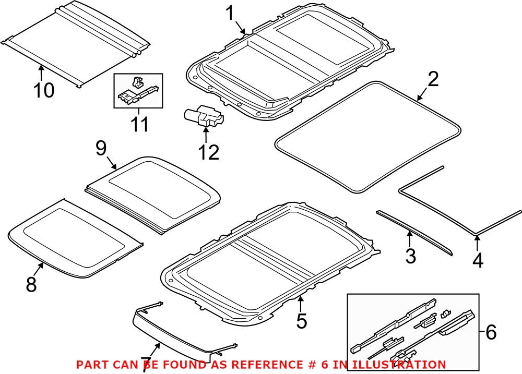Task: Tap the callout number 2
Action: pyautogui.click(x=433, y=80)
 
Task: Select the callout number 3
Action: pyautogui.click(x=410, y=256)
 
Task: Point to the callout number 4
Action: pyautogui.click(x=478, y=259)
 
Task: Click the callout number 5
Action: pyautogui.click(x=301, y=321)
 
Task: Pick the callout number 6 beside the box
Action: pyautogui.click(x=491, y=331)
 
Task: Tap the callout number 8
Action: pyautogui.click(x=31, y=284)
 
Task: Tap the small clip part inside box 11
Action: pyautogui.click(x=136, y=82)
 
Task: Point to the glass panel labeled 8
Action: pyautogui.click(x=73, y=235)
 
